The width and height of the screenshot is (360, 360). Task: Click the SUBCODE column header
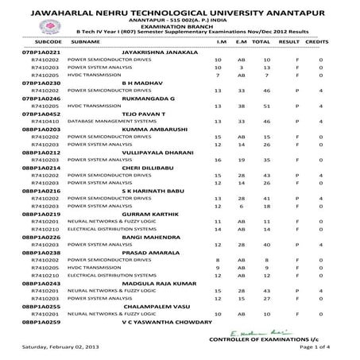pyautogui.click(x=38, y=40)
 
